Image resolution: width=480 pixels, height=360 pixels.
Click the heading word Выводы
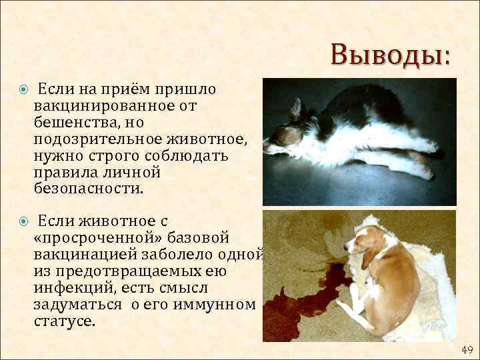coord(390,55)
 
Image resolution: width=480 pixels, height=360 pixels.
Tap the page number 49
coord(467,349)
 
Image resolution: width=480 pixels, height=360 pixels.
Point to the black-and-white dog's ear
coord(295,109)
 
